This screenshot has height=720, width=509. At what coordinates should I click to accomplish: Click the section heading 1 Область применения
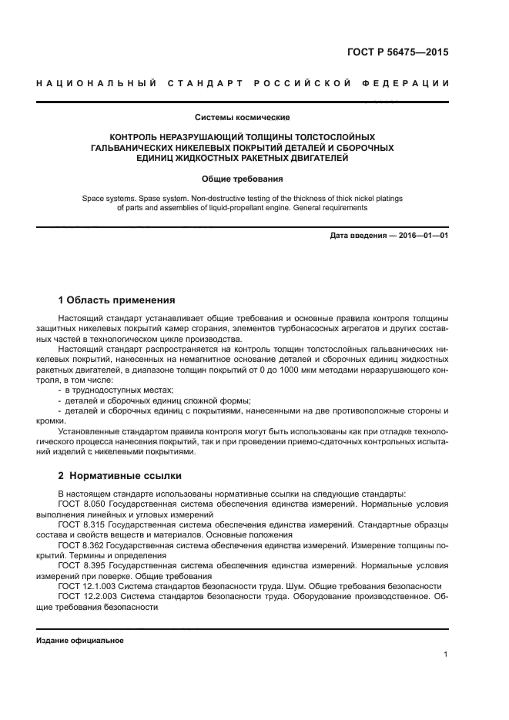click(117, 300)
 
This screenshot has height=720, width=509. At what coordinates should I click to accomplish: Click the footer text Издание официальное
click(79, 641)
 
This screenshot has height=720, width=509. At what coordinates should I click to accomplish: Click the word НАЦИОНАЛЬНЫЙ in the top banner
click(92, 82)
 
